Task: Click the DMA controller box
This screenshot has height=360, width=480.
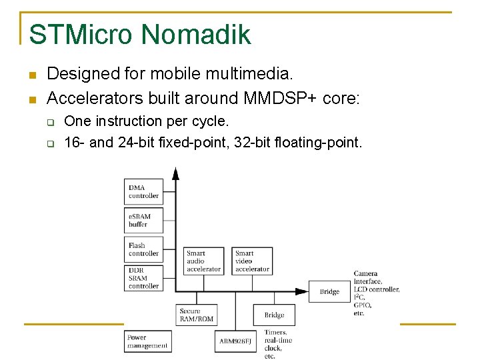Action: click(144, 191)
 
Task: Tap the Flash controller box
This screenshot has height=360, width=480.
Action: click(144, 249)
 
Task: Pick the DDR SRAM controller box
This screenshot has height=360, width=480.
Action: click(144, 278)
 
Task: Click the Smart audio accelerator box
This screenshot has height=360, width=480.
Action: click(203, 261)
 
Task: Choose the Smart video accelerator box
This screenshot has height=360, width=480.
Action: click(253, 261)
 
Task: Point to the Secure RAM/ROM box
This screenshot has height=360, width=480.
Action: click(197, 315)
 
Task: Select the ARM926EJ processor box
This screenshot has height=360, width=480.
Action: click(235, 341)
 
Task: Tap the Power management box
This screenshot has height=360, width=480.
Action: click(147, 341)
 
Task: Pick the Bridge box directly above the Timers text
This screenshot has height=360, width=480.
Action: click(274, 315)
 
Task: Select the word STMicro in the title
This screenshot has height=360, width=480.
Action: click(81, 35)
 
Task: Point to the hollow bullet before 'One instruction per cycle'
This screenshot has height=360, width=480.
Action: click(49, 122)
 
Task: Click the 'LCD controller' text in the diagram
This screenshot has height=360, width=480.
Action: click(377, 289)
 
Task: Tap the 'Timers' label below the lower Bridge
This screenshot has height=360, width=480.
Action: click(275, 332)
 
